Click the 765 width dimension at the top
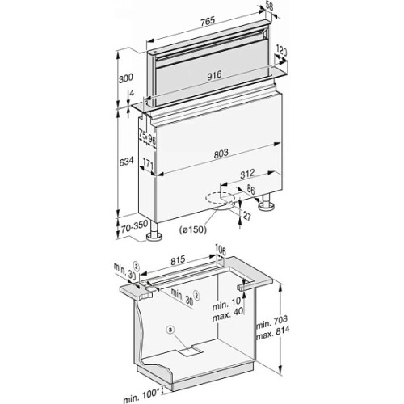tap(208, 21)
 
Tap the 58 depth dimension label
tap(269, 6)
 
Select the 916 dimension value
tap(214, 75)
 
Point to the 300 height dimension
tap(126, 78)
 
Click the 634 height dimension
tap(126, 162)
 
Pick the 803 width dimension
tap(221, 154)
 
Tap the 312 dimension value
tap(247, 174)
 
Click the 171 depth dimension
tap(148, 164)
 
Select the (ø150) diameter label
tap(193, 229)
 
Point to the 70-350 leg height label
tap(134, 226)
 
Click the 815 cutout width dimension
tap(178, 259)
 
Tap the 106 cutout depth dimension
tap(221, 250)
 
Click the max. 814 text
tap(273, 333)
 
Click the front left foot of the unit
tap(154, 234)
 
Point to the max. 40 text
tap(228, 315)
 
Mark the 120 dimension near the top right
tap(281, 52)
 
